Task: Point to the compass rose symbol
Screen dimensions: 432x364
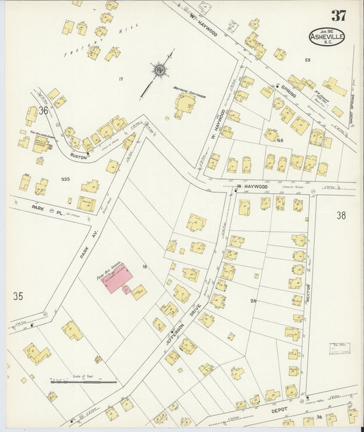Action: coord(159,70)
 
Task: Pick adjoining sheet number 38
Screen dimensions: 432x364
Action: coord(341,215)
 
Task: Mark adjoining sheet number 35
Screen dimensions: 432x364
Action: coord(18,296)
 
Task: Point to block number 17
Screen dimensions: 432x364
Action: coord(120,79)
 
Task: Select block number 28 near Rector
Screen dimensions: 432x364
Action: coord(253,301)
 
